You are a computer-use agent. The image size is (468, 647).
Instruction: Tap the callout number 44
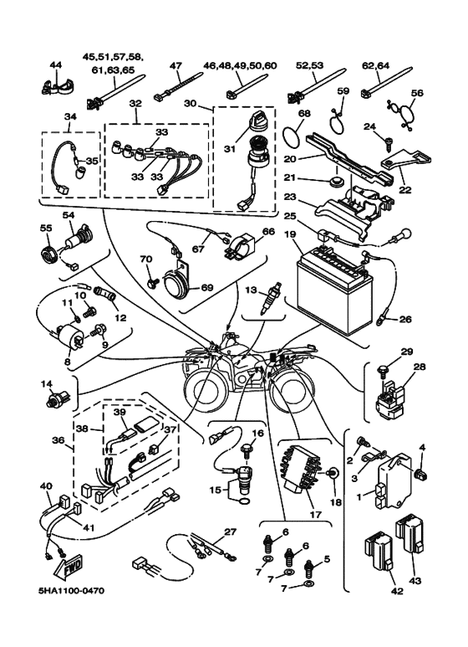(x=56, y=64)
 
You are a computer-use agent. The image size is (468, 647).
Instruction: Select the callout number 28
(x=419, y=366)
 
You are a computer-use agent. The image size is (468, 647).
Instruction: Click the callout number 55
(x=46, y=229)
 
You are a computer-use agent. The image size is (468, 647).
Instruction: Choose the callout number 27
(x=231, y=531)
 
